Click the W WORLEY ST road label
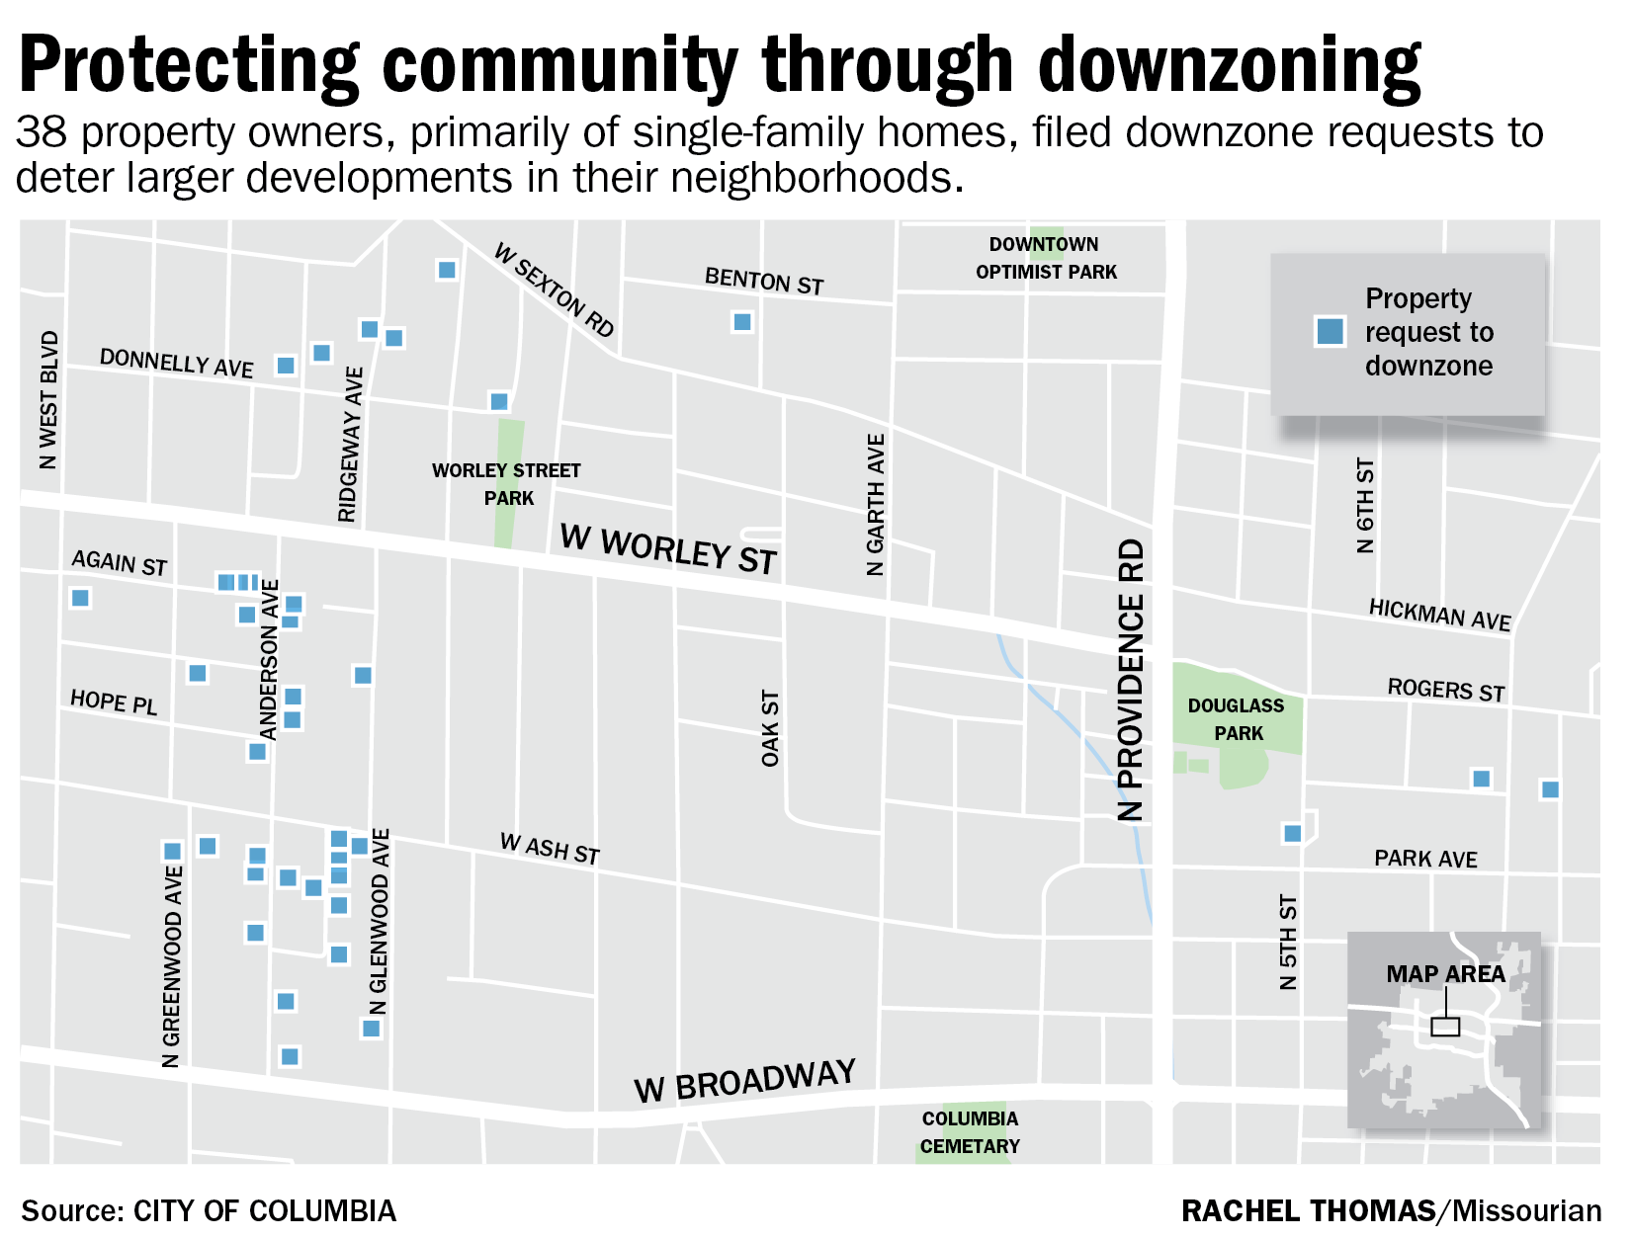coord(668,549)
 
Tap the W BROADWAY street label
coord(744,1081)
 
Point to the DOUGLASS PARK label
coord(1237,719)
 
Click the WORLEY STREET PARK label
coord(507,484)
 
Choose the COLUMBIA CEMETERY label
coord(970,1132)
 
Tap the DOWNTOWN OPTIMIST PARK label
coord(1046,258)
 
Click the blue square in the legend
coord(1331,331)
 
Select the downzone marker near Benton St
coord(742,322)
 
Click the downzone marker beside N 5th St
coord(1292,834)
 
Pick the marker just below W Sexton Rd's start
coord(447,270)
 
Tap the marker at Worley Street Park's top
coord(499,401)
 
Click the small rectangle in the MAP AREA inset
coord(1445,1027)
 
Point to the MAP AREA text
coord(1445,974)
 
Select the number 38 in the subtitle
coord(42,132)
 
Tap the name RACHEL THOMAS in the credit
coord(1308,1210)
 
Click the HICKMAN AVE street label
coord(1439,615)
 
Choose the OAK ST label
coord(770,728)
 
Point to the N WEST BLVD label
coord(48,400)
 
